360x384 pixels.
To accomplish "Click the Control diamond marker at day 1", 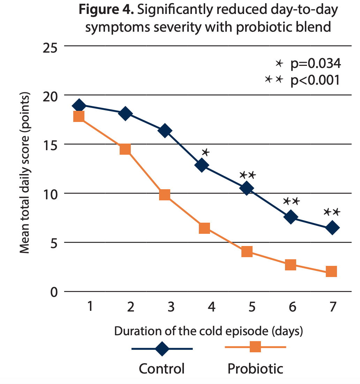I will coord(79,105).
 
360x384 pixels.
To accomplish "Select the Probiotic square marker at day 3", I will coord(165,195).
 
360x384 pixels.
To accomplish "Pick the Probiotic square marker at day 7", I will coord(331,271).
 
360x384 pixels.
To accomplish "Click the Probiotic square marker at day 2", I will coord(125,149).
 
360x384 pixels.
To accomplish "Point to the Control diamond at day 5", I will coord(246,189).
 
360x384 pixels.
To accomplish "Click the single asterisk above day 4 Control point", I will coord(205,152).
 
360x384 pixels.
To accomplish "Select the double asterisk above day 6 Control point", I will coord(291,201).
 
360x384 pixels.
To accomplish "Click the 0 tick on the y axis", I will coord(54,292).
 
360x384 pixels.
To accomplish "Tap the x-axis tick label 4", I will coord(211,307).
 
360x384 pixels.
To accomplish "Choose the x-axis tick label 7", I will coord(332,307).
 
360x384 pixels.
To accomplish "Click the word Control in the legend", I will coord(162,369).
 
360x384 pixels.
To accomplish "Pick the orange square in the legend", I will coord(255,347).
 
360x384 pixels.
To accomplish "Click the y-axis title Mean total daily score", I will coord(24,174).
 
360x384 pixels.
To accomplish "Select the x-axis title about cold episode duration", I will coord(208,331).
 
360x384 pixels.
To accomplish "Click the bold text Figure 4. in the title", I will coord(106,10).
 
